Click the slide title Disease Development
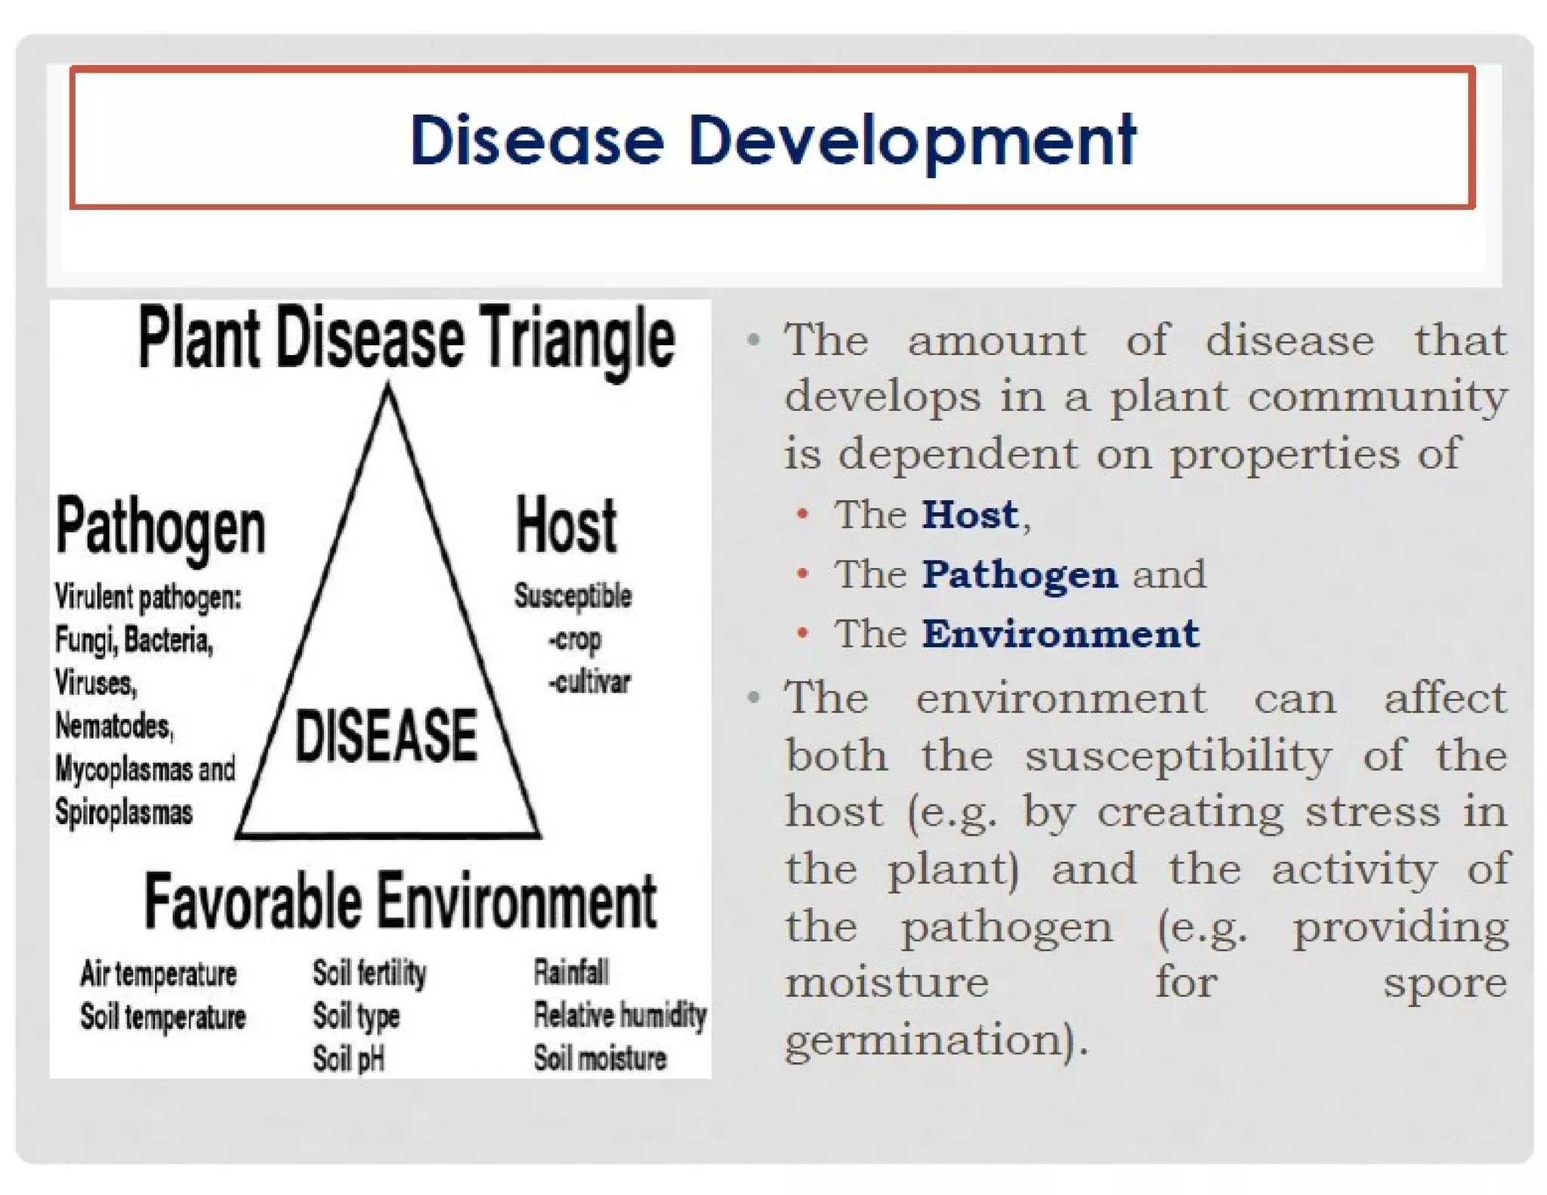coord(772,140)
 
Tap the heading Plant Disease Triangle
coord(406,338)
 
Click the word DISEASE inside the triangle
coord(386,736)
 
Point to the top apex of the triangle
coord(388,388)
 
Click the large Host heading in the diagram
coord(566,526)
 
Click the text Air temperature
coord(159,974)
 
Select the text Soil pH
coord(349,1058)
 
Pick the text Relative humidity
coord(619,1015)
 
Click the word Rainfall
coord(571,972)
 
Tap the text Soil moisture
coord(600,1058)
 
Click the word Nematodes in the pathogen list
coord(114,726)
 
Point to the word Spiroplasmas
coord(124,813)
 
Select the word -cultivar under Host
coord(589,682)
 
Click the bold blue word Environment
coord(1060,633)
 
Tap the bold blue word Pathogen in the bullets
coord(1019,574)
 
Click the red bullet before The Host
coord(803,515)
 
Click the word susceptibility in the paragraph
coord(1178,755)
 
